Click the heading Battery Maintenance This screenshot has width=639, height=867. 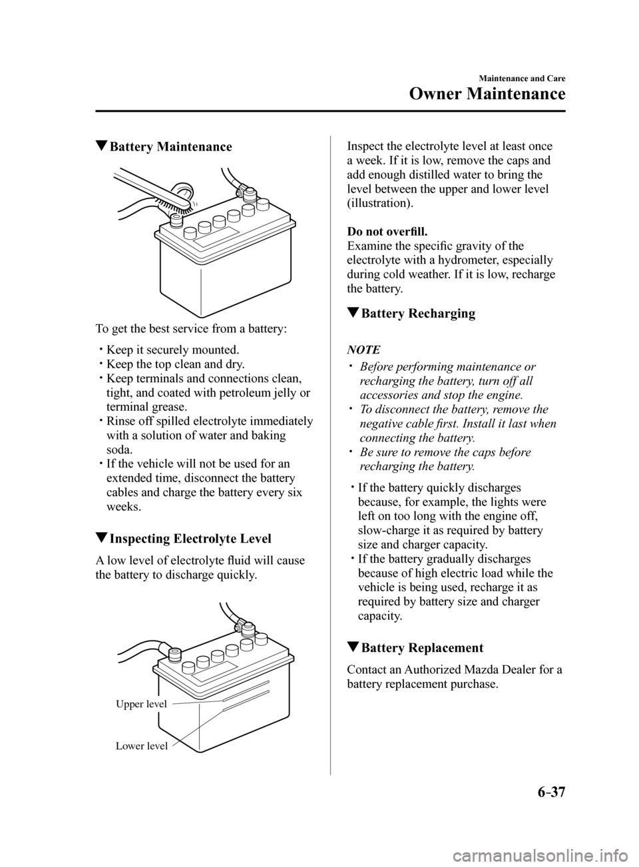(170, 146)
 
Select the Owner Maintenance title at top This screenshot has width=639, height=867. (487, 93)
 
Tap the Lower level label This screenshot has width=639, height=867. (142, 746)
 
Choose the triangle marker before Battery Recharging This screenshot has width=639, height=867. (352, 314)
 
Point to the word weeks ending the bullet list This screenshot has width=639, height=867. (121, 507)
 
